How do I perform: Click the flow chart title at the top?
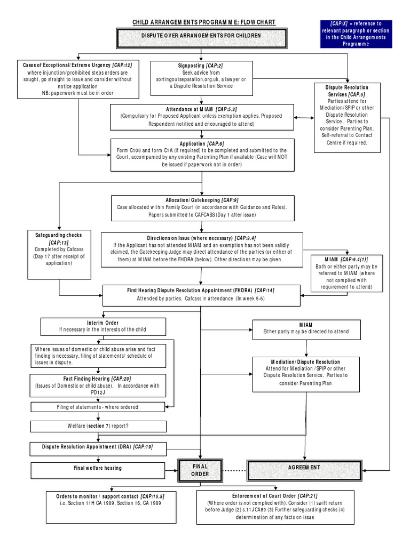pyautogui.click(x=204, y=23)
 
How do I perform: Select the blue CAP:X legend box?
pyautogui.click(x=356, y=34)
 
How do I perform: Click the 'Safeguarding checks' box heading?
pyautogui.click(x=59, y=235)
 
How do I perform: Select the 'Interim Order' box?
pyautogui.click(x=103, y=326)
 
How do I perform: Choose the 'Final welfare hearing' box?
pyautogui.click(x=98, y=468)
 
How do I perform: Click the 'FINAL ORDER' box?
pyautogui.click(x=200, y=470)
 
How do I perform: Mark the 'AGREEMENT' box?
pyautogui.click(x=305, y=467)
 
